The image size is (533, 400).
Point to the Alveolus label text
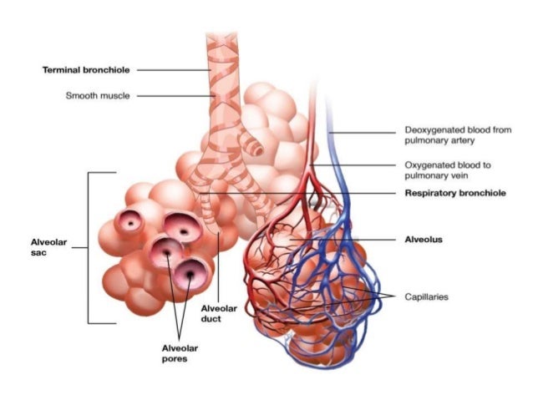pos(426,239)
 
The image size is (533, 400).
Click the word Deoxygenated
pos(434,130)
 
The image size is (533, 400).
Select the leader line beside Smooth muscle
pos(171,95)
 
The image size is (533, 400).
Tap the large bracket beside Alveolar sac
pos(89,247)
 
